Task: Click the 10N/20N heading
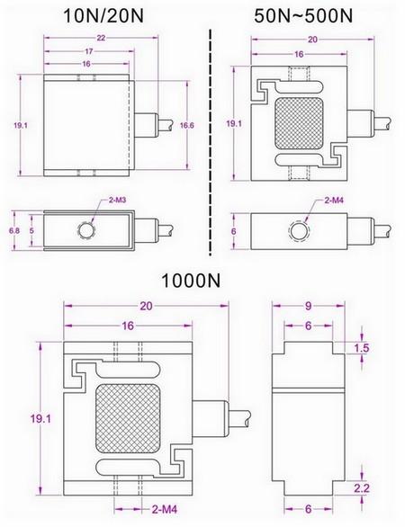[103, 16]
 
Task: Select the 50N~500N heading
[303, 16]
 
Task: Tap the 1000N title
[191, 281]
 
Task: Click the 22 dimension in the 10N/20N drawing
[101, 38]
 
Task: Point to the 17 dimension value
[88, 51]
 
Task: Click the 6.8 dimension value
[14, 230]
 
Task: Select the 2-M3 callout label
[118, 201]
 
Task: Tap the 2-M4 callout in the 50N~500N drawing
[334, 201]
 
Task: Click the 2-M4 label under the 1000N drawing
[165, 509]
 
